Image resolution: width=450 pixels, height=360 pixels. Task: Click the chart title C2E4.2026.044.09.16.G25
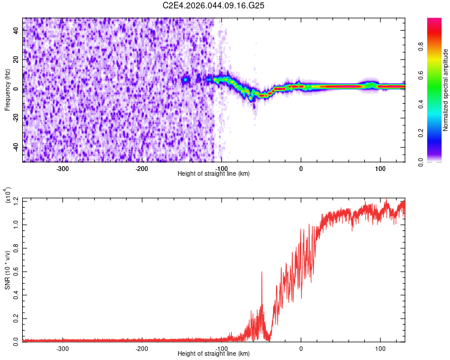[x=214, y=5]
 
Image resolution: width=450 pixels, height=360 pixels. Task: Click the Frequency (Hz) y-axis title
[x=7, y=89]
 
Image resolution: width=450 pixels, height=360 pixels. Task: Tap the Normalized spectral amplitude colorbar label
[x=445, y=90]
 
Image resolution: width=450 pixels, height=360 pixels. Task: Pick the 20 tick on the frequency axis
[x=16, y=59]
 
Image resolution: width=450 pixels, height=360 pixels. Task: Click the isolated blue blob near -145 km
[x=186, y=79]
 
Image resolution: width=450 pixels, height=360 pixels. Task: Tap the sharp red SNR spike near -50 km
[x=262, y=274]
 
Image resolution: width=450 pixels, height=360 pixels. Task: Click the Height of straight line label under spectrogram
[x=214, y=174]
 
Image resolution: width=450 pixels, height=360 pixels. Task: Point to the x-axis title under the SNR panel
[x=214, y=354]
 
